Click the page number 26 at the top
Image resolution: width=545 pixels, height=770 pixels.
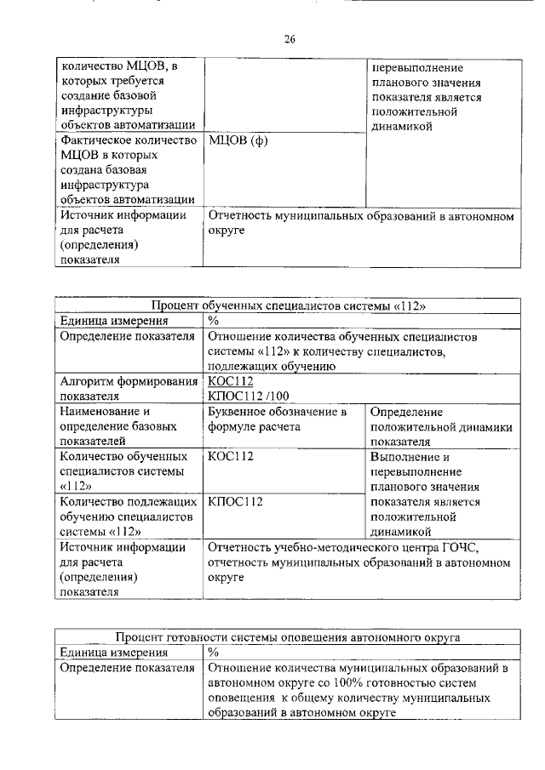pos(289,38)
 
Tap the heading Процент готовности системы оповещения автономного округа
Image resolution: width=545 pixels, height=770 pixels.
pos(289,636)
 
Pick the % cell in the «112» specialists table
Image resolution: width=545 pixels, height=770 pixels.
pos(214,321)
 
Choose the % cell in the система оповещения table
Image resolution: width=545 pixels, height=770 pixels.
pos(214,652)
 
